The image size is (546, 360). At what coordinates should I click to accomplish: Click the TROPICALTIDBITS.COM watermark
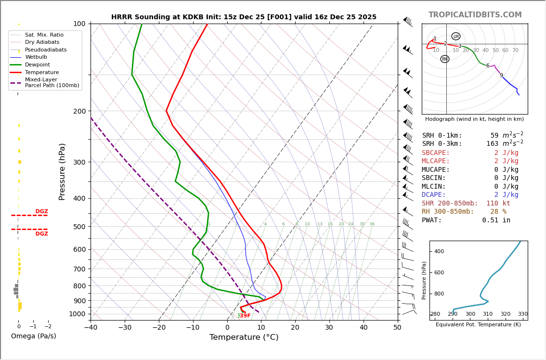(475, 15)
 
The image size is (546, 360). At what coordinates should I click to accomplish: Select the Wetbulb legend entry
(36, 57)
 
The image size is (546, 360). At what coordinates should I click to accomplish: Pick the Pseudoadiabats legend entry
(46, 50)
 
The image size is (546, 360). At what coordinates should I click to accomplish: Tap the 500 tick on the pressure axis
(79, 227)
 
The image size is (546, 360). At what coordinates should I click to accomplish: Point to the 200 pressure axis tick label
(79, 111)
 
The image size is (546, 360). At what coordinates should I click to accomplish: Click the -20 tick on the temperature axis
(159, 327)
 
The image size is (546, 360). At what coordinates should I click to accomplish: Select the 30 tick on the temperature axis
(329, 327)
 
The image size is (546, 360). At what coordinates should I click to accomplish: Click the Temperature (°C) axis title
(244, 337)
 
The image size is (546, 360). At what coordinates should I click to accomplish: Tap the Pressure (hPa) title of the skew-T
(62, 171)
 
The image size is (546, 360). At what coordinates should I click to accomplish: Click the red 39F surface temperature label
(245, 316)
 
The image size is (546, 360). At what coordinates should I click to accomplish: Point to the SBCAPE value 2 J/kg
(499, 153)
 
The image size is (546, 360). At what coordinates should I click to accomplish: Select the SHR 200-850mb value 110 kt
(498, 204)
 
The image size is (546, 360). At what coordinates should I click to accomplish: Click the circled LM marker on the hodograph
(456, 37)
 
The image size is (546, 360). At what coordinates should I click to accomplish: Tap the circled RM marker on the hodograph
(445, 59)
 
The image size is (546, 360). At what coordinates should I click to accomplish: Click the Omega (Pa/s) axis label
(34, 336)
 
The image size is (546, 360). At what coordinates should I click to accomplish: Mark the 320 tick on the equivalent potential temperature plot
(505, 314)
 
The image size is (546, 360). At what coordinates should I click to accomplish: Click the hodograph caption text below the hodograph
(474, 119)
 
